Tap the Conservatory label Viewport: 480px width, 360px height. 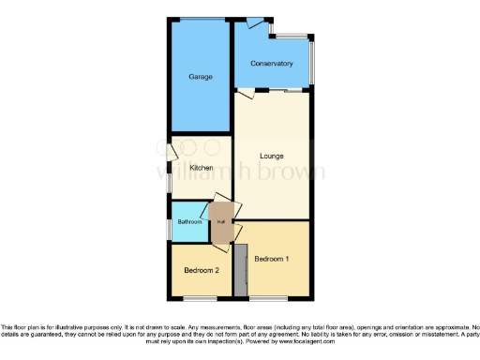[271, 64]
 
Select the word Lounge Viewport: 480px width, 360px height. [272, 156]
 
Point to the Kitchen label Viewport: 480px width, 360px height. [202, 168]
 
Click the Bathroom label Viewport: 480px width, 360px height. [190, 222]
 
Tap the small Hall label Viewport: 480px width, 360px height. [221, 221]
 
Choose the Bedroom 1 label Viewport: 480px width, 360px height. [272, 258]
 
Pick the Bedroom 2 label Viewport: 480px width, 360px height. [202, 270]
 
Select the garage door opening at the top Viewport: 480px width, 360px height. [202, 19]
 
